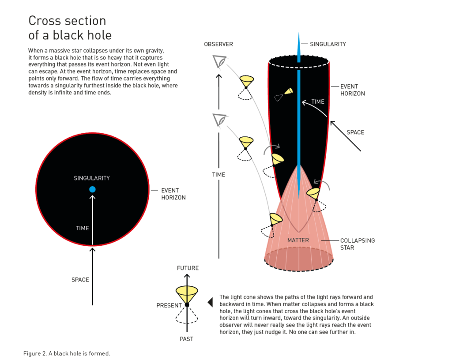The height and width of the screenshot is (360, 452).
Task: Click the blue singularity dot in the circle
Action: click(92, 189)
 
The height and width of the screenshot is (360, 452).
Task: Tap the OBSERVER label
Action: click(218, 44)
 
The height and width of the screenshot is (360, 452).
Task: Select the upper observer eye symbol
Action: click(219, 61)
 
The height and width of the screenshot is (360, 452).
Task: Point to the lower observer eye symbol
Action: click(219, 120)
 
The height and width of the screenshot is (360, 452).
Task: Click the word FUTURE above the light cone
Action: click(188, 268)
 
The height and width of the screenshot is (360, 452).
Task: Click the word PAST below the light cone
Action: click(186, 339)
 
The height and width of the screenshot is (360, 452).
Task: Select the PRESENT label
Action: click(169, 305)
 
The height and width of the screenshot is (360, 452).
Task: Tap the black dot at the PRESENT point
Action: click(187, 305)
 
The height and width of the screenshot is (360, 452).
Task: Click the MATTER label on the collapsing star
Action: click(298, 240)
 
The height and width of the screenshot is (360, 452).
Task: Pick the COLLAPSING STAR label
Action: click(357, 244)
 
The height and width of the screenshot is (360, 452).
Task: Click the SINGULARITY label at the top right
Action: click(328, 44)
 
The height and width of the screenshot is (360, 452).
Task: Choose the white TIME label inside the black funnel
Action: click(318, 101)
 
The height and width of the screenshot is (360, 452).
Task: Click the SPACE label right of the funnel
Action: click(355, 132)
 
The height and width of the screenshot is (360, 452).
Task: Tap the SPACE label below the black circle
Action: click(80, 280)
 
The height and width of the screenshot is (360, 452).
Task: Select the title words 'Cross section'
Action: click(67, 21)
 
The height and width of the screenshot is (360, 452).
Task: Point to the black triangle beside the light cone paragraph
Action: click(211, 302)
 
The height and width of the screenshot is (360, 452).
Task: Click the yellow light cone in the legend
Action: click(187, 292)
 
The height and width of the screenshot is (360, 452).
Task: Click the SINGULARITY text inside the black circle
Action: click(92, 178)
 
